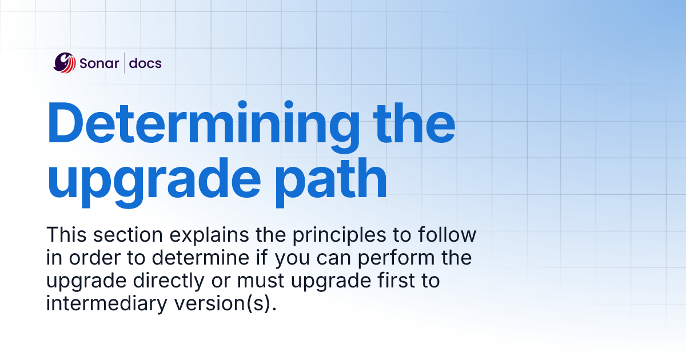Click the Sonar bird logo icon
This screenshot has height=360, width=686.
pos(65,63)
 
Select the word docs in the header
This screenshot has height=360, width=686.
pos(145,63)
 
